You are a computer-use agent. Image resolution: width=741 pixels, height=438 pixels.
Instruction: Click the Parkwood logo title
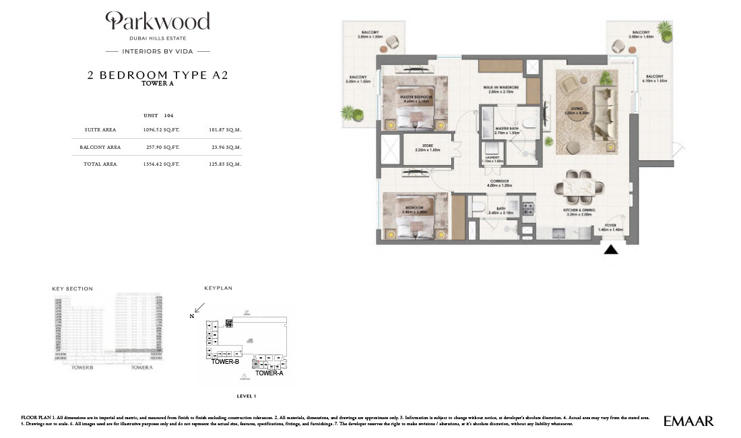click(158, 22)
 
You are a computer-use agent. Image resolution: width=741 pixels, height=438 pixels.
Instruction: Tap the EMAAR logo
click(688, 421)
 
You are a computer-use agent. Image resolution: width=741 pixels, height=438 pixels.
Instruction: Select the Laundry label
click(492, 160)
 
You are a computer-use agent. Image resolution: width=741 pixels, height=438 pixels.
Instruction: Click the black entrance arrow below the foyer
click(610, 250)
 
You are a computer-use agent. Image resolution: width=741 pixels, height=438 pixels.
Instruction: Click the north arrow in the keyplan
click(199, 309)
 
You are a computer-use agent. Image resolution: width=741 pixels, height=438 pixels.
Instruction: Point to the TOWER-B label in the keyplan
click(226, 362)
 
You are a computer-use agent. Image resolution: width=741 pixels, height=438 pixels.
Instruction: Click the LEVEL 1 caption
click(246, 396)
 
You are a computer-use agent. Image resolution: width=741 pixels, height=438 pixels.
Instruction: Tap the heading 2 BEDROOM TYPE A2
click(158, 75)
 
